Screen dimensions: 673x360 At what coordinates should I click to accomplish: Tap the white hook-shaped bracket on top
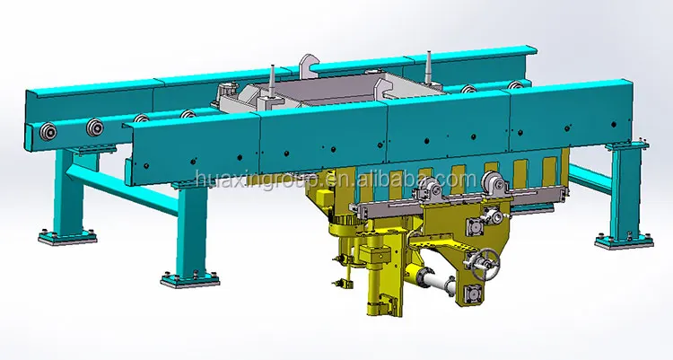(308, 66)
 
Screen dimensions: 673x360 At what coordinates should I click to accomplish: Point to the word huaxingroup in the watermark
(257, 180)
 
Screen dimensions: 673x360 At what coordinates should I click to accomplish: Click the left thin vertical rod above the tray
(272, 81)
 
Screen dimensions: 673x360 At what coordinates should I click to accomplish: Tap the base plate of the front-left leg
(190, 279)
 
